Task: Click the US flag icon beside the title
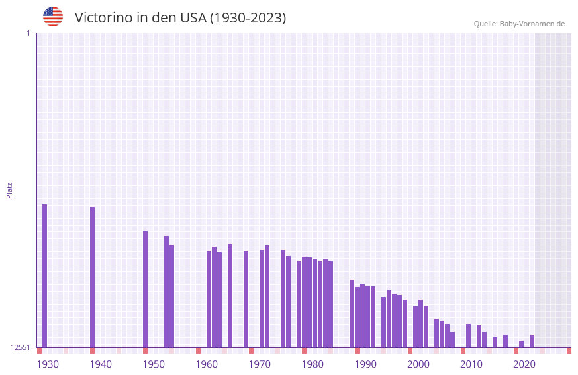(x=53, y=17)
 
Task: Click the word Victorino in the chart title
(x=103, y=18)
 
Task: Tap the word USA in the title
(x=193, y=18)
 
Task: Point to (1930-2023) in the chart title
(x=248, y=18)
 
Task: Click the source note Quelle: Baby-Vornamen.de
(x=519, y=24)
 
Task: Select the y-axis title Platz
(x=9, y=190)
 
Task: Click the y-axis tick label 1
(x=28, y=33)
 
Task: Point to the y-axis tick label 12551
(x=21, y=347)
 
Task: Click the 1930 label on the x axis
(x=48, y=364)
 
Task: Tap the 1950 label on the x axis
(x=154, y=364)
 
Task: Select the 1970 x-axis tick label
(x=260, y=364)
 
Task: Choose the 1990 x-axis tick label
(x=365, y=364)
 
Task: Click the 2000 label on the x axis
(x=418, y=364)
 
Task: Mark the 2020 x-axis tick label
(x=524, y=364)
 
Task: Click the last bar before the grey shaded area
(x=532, y=341)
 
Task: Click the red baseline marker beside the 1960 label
(x=198, y=351)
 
